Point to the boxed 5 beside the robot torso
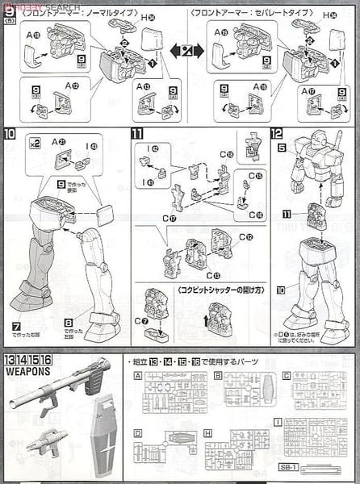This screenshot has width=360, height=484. (x=281, y=148)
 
